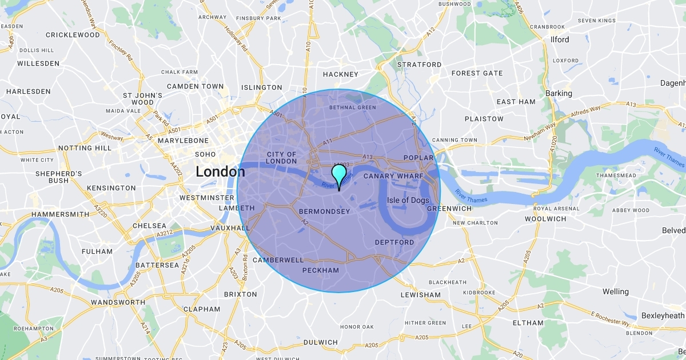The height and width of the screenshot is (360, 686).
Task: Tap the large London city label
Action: pyautogui.click(x=220, y=171)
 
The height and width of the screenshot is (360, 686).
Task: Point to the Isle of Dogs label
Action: pyautogui.click(x=408, y=200)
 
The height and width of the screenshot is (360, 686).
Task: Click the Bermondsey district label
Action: pyautogui.click(x=325, y=211)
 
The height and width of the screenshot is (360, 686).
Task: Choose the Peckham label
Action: pyautogui.click(x=320, y=270)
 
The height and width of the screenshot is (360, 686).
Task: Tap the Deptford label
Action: pyautogui.click(x=394, y=242)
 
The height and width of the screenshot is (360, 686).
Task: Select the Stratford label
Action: pyautogui.click(x=420, y=65)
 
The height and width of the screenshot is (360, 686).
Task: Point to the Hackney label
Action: pyautogui.click(x=340, y=74)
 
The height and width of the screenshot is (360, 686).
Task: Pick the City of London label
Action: pyautogui.click(x=282, y=158)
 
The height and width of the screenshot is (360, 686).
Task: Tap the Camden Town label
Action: pyautogui.click(x=195, y=86)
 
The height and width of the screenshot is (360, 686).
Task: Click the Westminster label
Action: pyautogui.click(x=206, y=198)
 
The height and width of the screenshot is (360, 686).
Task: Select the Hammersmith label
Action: pyautogui.click(x=60, y=214)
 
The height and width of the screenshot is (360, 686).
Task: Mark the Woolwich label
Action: pyautogui.click(x=545, y=218)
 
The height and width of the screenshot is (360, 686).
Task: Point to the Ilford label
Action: pyautogui.click(x=560, y=39)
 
